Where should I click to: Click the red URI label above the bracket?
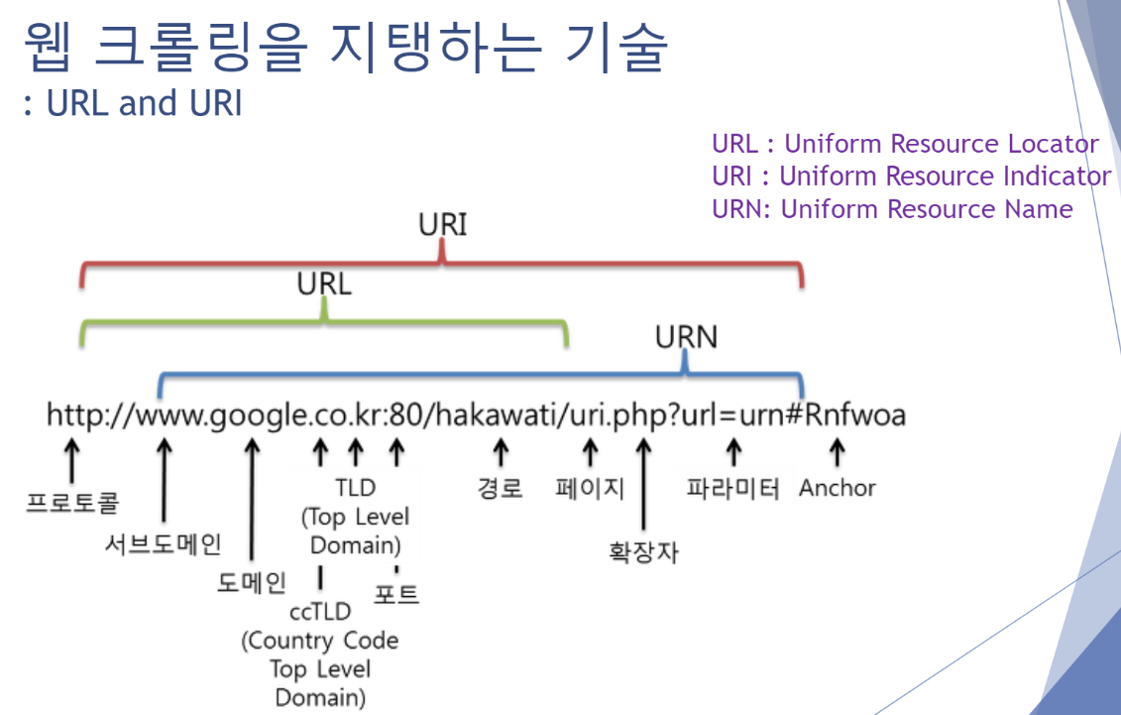point(442,225)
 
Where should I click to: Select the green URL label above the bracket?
point(324,285)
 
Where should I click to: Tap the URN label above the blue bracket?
point(686,337)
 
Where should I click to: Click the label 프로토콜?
point(72,502)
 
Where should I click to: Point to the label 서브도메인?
point(164,543)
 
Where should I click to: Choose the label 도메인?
point(252,582)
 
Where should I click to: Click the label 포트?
point(396,594)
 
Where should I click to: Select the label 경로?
point(501,489)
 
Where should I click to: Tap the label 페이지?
point(590,489)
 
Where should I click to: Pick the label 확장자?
point(643,551)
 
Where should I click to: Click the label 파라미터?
point(733,489)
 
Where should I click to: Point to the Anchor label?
point(838,488)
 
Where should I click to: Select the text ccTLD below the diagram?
point(320,612)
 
